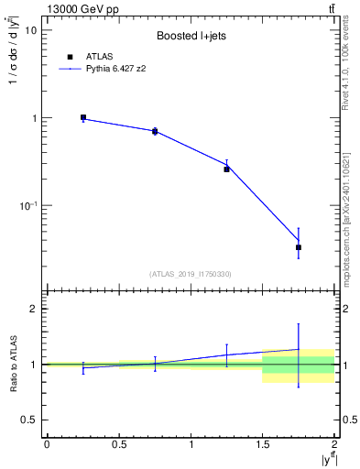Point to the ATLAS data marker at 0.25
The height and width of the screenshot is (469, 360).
tap(83, 118)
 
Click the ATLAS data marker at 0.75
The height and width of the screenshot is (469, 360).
tap(155, 132)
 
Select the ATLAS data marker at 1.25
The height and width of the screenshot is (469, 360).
tap(227, 169)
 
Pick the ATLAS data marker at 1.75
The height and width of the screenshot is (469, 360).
tap(299, 247)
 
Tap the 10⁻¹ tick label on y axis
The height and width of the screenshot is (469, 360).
tap(28, 207)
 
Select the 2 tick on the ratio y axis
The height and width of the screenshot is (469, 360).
tap(36, 310)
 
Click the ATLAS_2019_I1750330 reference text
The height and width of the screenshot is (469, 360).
tap(191, 273)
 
